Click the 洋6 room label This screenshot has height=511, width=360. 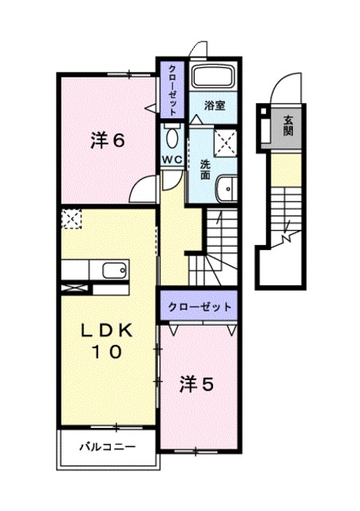(x=106, y=141)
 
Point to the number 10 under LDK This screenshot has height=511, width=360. (x=105, y=351)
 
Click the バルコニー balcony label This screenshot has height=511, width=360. (x=106, y=446)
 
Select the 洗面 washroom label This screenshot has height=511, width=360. (x=205, y=168)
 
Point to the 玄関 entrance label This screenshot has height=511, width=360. (x=287, y=126)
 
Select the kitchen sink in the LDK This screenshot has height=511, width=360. (x=111, y=269)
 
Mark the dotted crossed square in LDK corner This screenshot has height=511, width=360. (x=71, y=218)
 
